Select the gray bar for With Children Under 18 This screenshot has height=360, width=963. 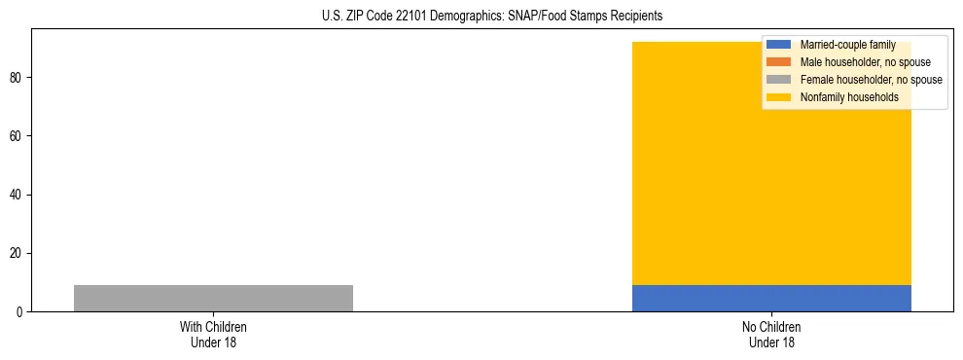click(213, 298)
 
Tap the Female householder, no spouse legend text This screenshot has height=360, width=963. click(871, 80)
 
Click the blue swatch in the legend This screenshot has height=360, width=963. click(779, 45)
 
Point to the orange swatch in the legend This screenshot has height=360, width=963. click(779, 62)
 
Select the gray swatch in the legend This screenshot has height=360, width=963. click(779, 80)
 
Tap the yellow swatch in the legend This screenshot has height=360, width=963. click(779, 97)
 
